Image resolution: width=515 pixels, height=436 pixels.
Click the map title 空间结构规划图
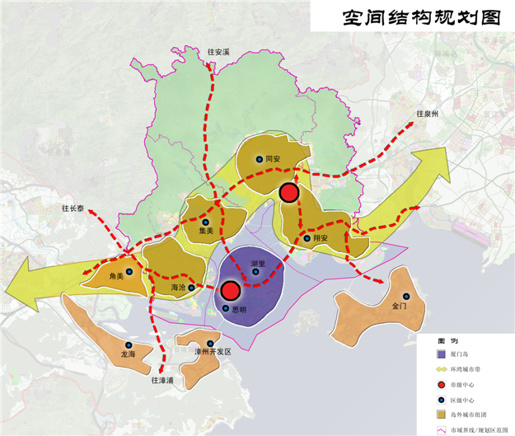[x=410, y=16]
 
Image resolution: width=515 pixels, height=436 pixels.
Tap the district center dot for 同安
[x=259, y=159]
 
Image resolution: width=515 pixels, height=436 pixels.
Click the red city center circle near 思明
[x=230, y=290]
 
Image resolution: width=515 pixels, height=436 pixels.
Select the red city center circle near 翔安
[x=288, y=192]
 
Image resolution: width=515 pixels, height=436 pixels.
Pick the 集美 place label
[x=207, y=232]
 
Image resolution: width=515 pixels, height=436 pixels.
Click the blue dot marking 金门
[x=405, y=296]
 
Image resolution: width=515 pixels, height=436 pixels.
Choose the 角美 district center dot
[x=129, y=271]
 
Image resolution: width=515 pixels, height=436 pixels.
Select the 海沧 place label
[x=178, y=288]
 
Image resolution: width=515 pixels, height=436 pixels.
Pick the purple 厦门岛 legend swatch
[x=442, y=354]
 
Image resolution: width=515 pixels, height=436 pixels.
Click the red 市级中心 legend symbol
[x=442, y=384]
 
